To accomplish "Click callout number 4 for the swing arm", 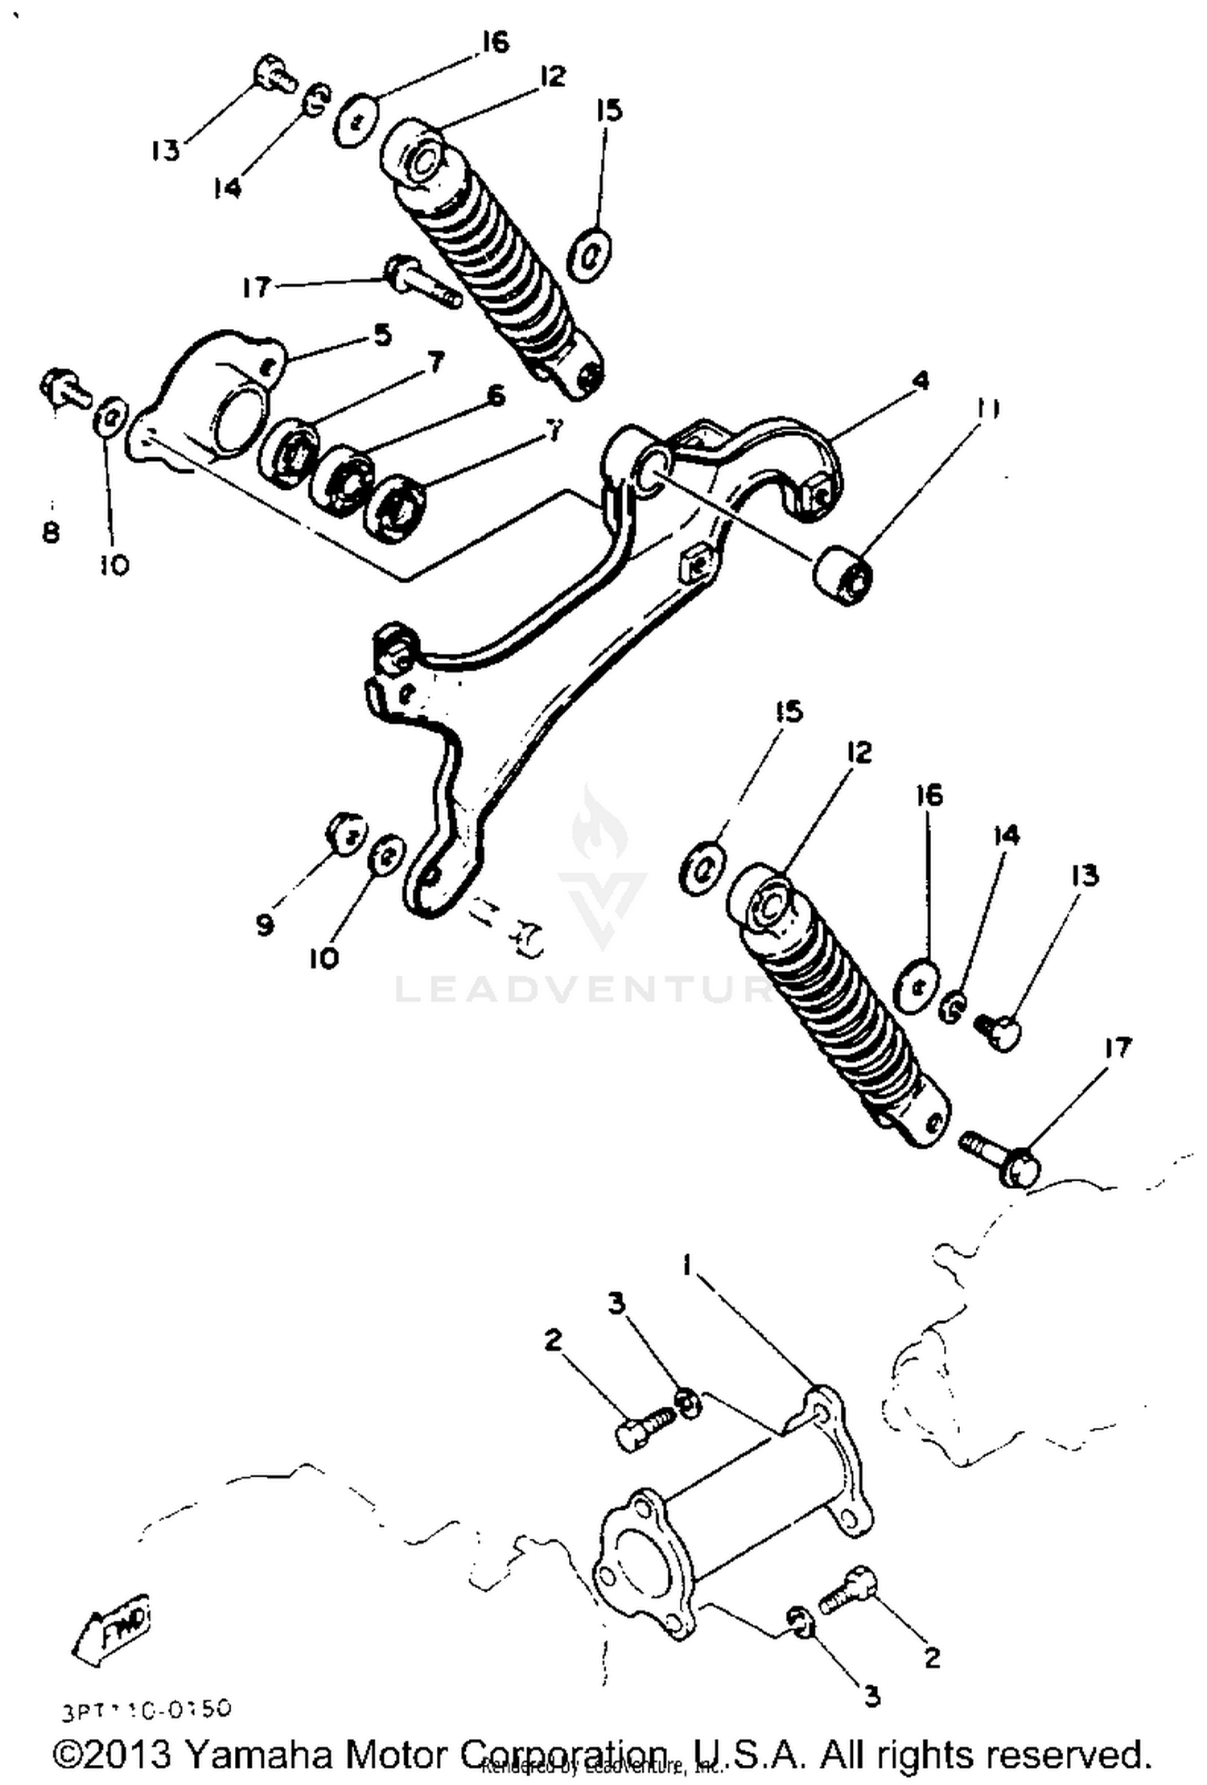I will click(921, 380).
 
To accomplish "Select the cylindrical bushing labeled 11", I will click(842, 574).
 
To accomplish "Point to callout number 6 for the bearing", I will click(496, 396).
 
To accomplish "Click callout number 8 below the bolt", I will click(51, 532).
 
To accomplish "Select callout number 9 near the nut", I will click(265, 924).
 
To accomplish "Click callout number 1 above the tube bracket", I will click(687, 1266).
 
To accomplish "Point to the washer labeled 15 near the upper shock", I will click(590, 256).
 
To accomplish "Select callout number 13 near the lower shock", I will click(1085, 874).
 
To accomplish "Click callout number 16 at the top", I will click(496, 42).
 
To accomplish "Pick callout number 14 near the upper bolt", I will click(227, 188).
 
